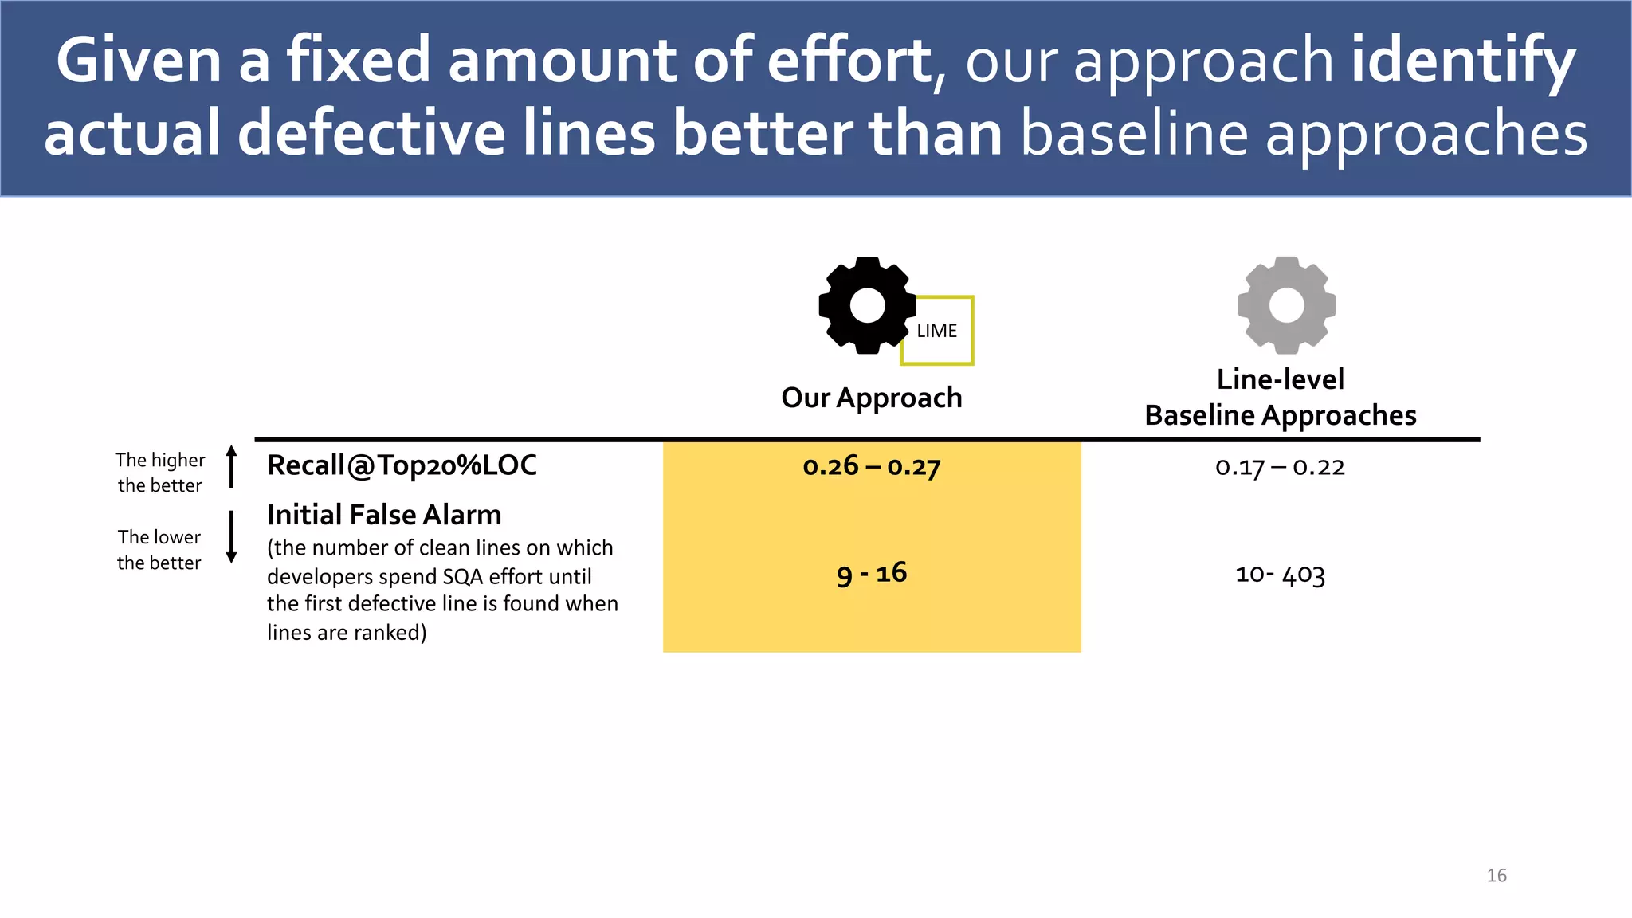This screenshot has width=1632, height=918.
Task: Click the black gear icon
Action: point(867,305)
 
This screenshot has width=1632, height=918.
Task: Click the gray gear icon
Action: point(1286,305)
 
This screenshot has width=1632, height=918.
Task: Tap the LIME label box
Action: point(937,331)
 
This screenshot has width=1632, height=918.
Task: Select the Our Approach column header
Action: point(872,398)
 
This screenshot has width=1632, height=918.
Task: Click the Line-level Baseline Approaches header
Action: point(1281,398)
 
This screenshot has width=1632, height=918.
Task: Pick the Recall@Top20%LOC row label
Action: point(402,465)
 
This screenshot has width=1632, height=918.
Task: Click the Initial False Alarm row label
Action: point(384,515)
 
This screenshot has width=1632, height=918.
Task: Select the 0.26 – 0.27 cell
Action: point(872,466)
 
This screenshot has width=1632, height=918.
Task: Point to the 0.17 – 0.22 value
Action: point(1280,467)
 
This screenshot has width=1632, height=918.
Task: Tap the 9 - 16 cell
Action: point(872,573)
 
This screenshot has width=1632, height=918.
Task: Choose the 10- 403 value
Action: point(1280,574)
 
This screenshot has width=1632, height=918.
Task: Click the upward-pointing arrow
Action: point(232,466)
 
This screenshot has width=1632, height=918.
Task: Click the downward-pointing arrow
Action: point(232,537)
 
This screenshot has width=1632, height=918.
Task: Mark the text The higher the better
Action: point(159,473)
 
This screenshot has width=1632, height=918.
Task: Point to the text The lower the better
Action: point(159,550)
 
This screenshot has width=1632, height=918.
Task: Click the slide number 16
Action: point(1497,875)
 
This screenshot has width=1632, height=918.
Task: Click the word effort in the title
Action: point(849,61)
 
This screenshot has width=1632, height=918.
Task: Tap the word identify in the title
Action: point(1463,62)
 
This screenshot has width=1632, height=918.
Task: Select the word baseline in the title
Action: point(1134,133)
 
